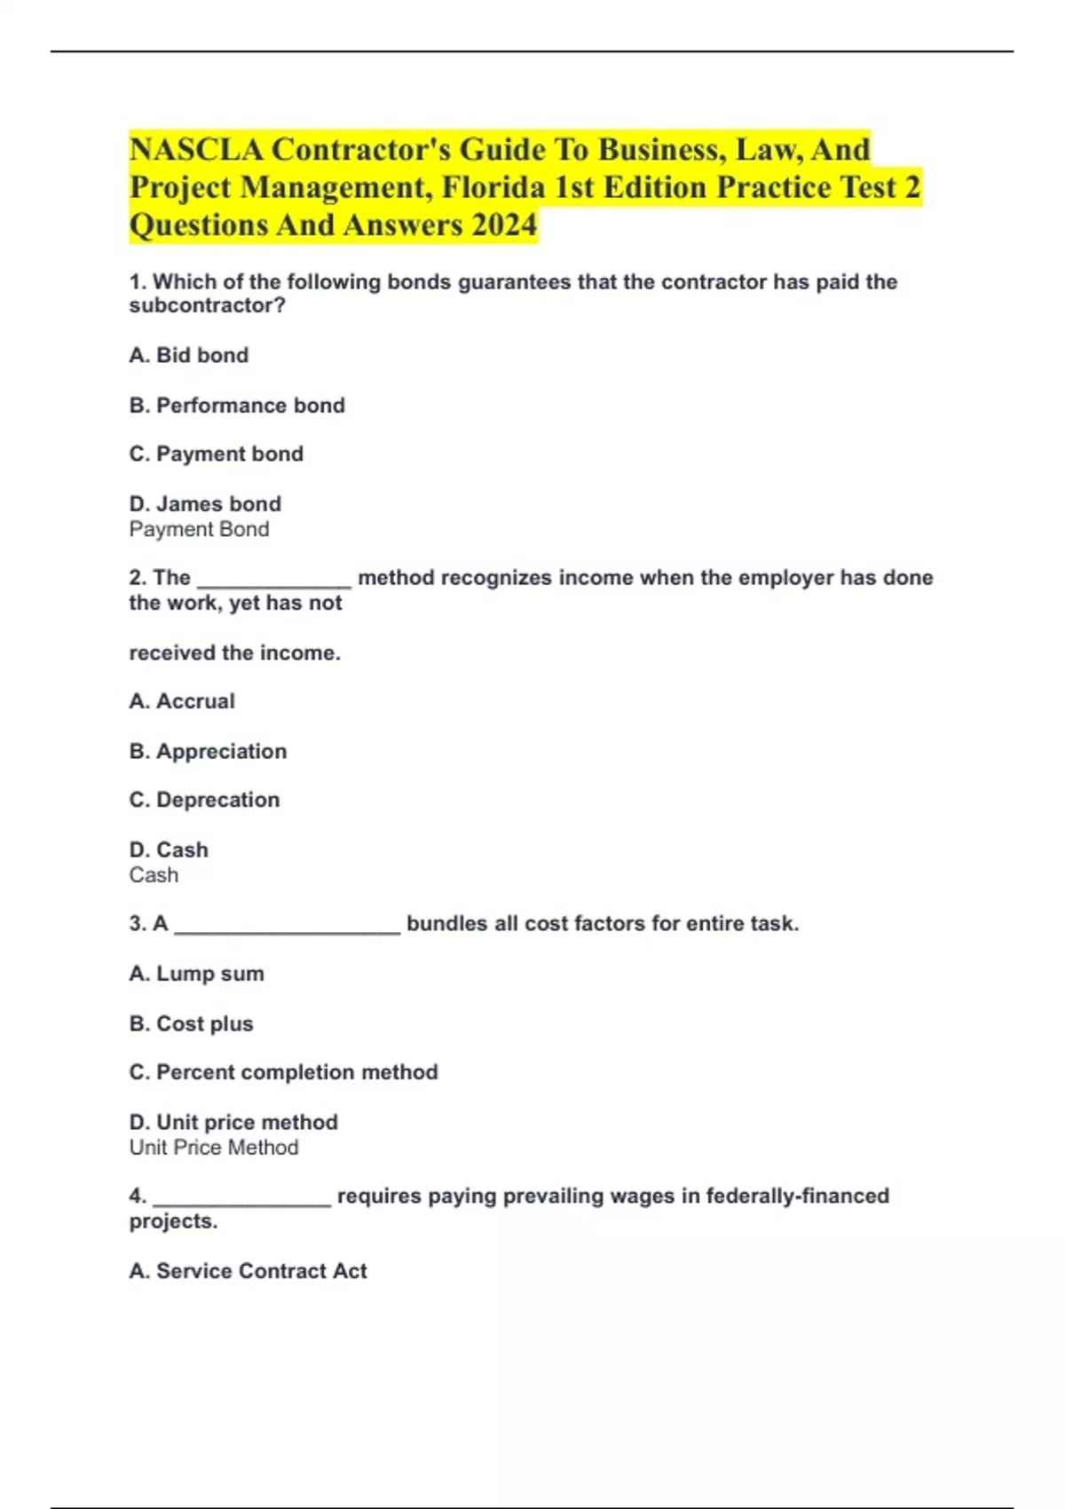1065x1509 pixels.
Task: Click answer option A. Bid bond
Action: pos(189,355)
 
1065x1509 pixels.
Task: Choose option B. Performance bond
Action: pos(237,405)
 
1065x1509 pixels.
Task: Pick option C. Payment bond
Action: pos(217,454)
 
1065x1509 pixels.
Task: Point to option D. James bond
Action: pos(205,503)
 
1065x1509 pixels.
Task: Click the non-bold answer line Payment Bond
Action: pos(199,529)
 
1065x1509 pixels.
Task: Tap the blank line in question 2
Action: pos(274,581)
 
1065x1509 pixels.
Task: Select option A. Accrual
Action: pos(182,701)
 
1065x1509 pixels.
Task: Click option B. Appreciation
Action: pos(208,751)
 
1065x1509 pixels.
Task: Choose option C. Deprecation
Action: pos(204,800)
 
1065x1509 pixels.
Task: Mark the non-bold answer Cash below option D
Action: pos(154,875)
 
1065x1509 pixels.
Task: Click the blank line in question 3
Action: pos(288,928)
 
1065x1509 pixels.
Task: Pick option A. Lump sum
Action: pos(196,974)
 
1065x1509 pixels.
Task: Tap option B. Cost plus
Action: pos(191,1023)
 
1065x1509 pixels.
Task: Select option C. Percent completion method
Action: pos(283,1072)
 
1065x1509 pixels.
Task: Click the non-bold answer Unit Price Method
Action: pos(214,1148)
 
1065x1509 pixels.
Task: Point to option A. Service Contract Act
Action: pos(248,1271)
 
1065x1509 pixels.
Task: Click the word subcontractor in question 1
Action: pos(207,305)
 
